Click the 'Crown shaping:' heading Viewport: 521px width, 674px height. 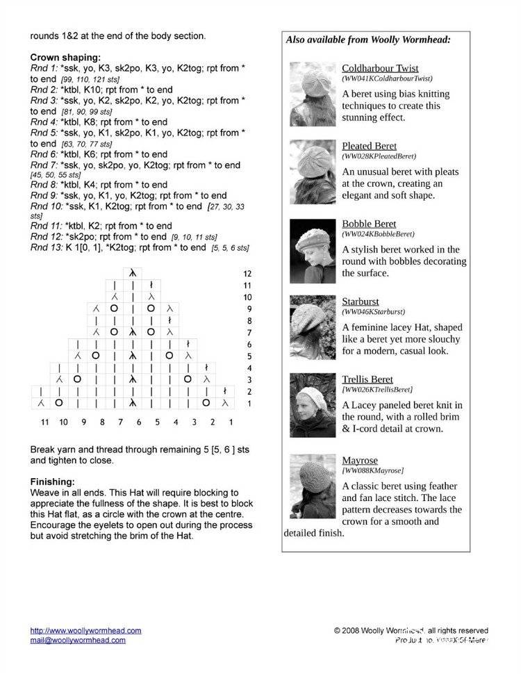tap(65, 58)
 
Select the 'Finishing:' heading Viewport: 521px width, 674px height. tap(53, 482)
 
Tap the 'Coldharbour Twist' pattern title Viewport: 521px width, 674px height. tap(380, 68)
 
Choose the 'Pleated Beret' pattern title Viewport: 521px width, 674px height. tap(369, 146)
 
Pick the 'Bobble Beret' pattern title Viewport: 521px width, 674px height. tap(369, 224)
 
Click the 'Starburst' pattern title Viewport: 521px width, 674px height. tap(360, 302)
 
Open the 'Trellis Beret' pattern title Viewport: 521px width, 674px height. tap(367, 379)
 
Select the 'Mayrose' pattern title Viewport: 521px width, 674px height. tap(360, 460)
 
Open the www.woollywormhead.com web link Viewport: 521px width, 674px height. tap(85, 631)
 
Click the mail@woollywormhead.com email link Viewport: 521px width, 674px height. tap(85, 641)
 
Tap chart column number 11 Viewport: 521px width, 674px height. tap(44, 422)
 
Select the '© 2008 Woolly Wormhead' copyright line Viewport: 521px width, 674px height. tap(411, 631)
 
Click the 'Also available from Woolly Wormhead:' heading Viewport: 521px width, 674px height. tap(368, 40)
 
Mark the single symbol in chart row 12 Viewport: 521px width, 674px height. tap(132, 274)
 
